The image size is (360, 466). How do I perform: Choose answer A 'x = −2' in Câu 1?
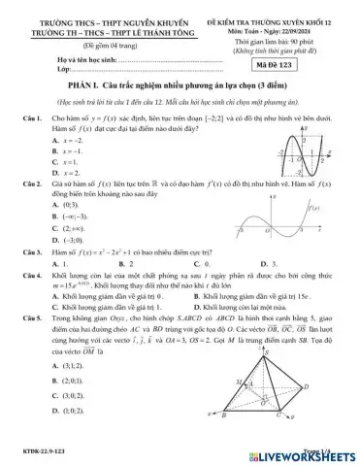pos(68,140)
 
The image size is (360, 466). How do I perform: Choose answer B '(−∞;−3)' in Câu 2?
pos(70,218)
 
